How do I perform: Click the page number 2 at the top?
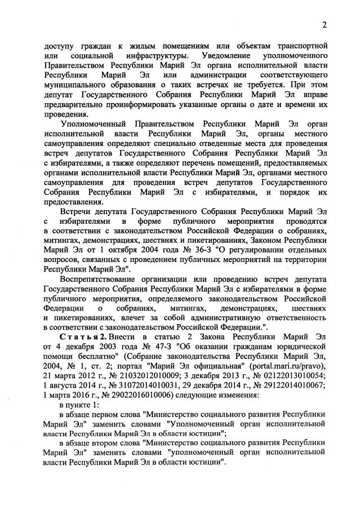coord(325,24)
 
